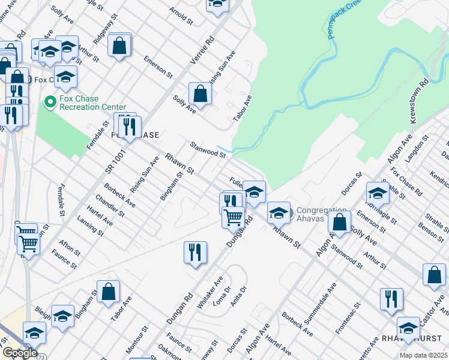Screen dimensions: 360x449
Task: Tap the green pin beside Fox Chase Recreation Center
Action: click(x=50, y=103)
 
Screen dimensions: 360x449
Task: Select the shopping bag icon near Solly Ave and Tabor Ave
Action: click(x=200, y=94)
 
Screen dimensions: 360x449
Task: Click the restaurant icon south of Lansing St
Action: click(x=195, y=252)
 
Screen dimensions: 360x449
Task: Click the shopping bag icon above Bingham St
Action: click(x=108, y=292)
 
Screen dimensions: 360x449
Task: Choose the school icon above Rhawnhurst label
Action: click(x=408, y=328)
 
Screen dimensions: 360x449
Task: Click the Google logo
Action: click(x=19, y=352)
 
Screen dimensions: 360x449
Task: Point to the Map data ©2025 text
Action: click(x=423, y=355)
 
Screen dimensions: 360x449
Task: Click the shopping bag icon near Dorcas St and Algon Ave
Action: click(x=340, y=221)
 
